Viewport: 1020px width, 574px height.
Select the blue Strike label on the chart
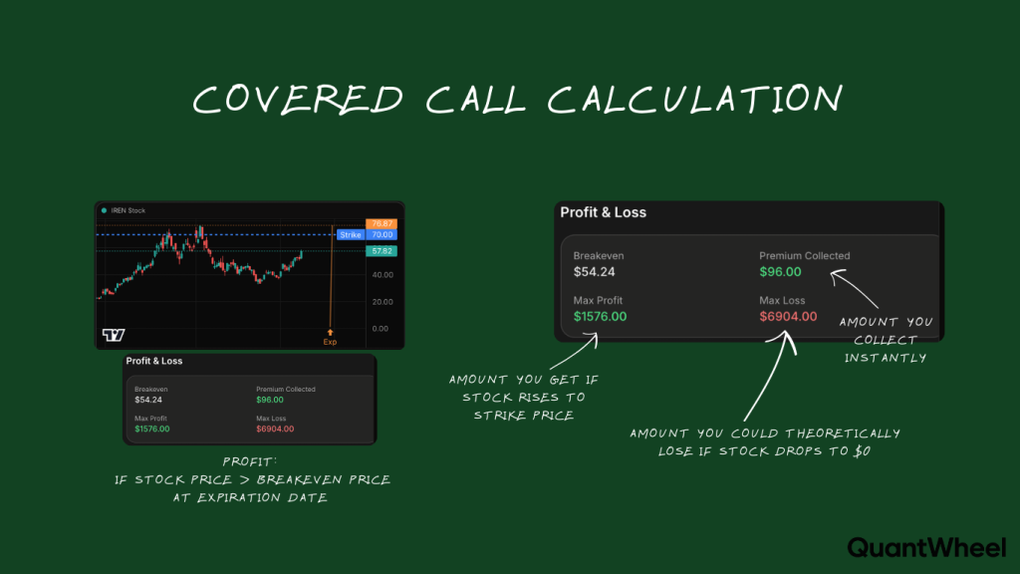[x=351, y=235]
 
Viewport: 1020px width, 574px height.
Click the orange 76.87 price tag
[x=382, y=223]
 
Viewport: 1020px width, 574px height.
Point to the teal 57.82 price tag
[x=382, y=251]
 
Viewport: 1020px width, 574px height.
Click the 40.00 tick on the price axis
[x=381, y=276]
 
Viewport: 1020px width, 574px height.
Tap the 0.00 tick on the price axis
[x=379, y=328]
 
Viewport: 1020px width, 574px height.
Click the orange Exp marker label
[x=330, y=342]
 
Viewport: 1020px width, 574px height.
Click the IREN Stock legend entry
[x=127, y=210]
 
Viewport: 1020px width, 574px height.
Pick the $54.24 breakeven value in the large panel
[x=596, y=271]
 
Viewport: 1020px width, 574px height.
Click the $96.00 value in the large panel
[x=780, y=271]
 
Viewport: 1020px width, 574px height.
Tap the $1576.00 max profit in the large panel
[x=601, y=316]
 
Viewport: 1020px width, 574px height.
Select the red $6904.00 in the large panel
[x=788, y=316]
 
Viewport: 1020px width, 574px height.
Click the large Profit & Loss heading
[x=603, y=212]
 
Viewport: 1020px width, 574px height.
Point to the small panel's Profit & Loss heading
[x=154, y=361]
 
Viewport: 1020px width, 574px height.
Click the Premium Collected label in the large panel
[x=804, y=255]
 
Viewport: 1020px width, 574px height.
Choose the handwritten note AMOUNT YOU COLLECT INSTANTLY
[x=886, y=340]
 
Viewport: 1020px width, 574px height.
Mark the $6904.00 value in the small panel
[x=275, y=429]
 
